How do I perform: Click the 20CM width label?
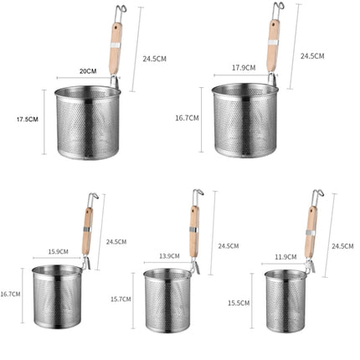[87, 71]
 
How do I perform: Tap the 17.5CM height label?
[27, 120]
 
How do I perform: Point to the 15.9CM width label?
[57, 251]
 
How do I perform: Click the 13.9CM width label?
[169, 255]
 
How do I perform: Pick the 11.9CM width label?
[285, 257]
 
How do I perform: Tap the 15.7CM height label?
[120, 299]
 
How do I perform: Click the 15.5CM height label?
[239, 301]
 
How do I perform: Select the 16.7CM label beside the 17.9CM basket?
[187, 118]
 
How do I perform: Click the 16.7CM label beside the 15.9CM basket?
[11, 294]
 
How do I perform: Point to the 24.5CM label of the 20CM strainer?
[154, 59]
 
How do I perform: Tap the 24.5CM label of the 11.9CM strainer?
[342, 246]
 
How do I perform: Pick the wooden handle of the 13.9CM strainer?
[194, 230]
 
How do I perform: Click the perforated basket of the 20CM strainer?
[87, 126]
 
